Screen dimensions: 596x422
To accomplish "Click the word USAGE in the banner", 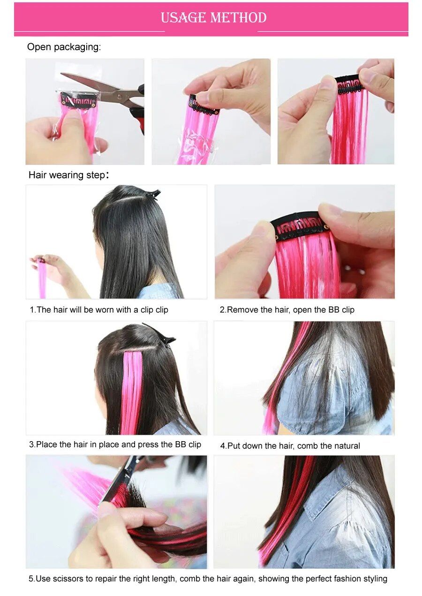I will coord(184,18).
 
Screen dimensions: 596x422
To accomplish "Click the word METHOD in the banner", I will coord(239,18).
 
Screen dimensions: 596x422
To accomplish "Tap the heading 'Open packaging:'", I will coord(64,47).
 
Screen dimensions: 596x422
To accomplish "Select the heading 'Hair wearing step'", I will coord(67,175).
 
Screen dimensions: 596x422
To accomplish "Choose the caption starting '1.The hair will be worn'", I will coord(99,310).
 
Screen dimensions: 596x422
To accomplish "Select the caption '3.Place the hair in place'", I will coord(115,444).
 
